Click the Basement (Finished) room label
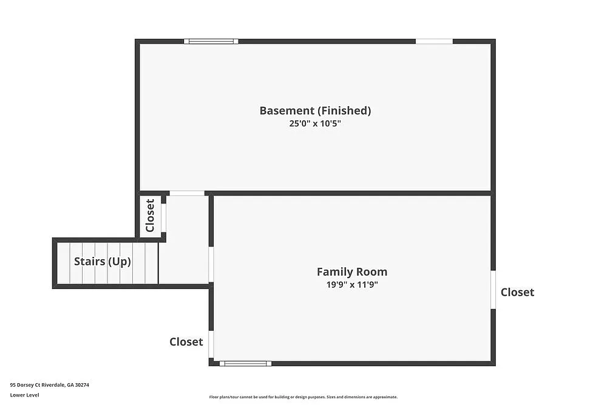(x=315, y=111)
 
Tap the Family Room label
(x=351, y=272)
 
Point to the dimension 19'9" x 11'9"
(x=351, y=285)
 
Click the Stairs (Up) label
(x=102, y=262)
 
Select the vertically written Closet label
(x=150, y=216)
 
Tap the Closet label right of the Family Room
(x=517, y=292)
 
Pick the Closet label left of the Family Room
(x=186, y=342)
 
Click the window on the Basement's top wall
(x=211, y=41)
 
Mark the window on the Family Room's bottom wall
(x=245, y=363)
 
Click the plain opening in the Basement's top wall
(x=434, y=41)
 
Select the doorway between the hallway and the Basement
(x=187, y=193)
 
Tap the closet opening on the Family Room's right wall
(x=493, y=290)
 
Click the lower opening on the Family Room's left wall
(x=211, y=344)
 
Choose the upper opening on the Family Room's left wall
(x=211, y=264)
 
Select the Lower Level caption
(x=24, y=395)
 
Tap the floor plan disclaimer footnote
(x=303, y=397)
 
